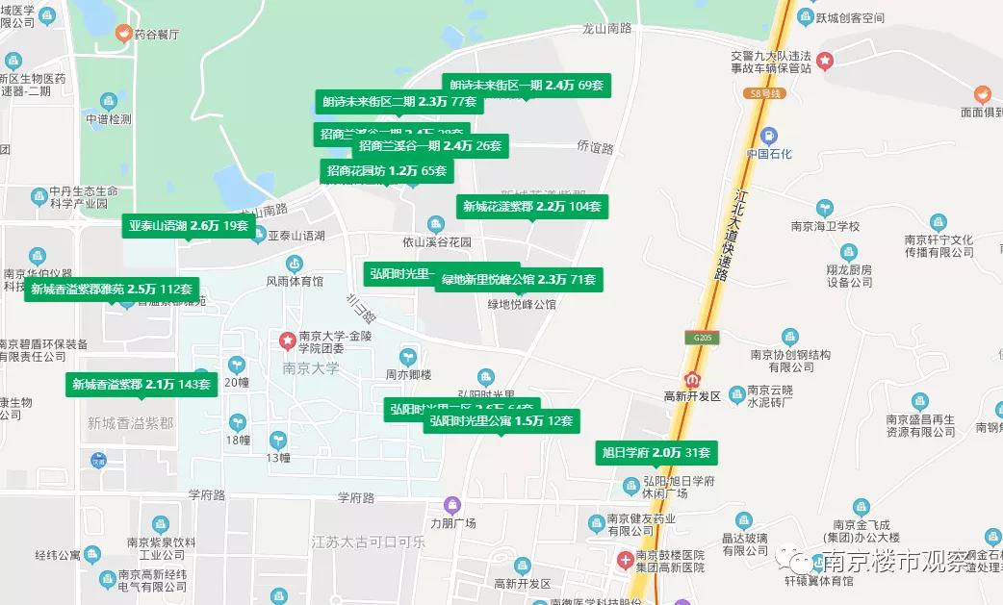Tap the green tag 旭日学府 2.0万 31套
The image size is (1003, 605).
pos(656,452)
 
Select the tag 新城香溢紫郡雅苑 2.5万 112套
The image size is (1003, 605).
pos(112,289)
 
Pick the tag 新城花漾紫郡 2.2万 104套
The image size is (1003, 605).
pos(531,206)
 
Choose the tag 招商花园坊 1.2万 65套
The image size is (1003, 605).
pos(386,171)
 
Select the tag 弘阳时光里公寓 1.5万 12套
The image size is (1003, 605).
pos(501,421)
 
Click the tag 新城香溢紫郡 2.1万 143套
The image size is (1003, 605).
pos(141,385)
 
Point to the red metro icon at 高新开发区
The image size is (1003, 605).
pos(692,379)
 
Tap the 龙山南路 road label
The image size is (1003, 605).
pos(607,29)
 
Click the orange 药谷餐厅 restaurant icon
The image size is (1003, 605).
pos(123,33)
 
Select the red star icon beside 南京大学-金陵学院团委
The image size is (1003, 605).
pos(287,340)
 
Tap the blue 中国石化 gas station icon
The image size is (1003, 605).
pos(768,136)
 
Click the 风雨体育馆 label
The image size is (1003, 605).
pos(294,282)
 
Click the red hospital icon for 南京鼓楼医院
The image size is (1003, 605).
pos(625,559)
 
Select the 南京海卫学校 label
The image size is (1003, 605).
pos(824,227)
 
